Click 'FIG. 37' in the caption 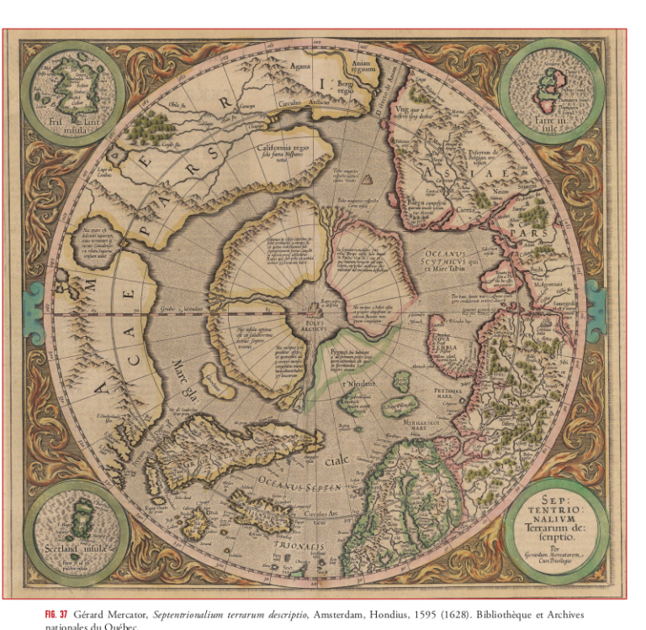coord(56,615)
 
